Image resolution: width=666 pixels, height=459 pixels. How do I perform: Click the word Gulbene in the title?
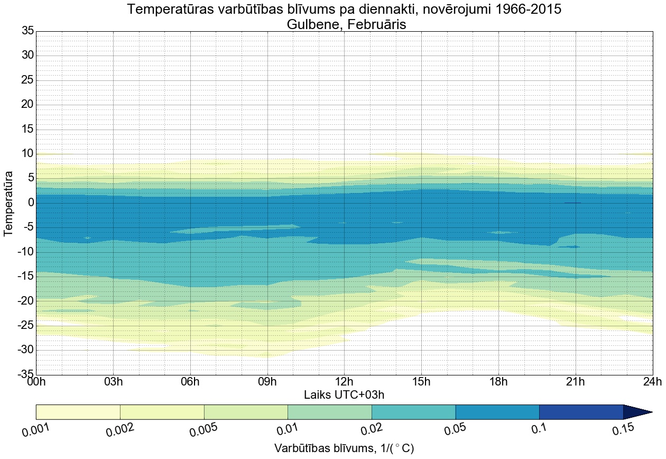[x=311, y=24]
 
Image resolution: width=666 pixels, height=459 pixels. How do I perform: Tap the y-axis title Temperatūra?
[x=8, y=203]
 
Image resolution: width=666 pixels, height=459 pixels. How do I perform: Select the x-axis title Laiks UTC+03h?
[x=344, y=394]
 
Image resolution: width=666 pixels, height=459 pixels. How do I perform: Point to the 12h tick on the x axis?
[x=344, y=382]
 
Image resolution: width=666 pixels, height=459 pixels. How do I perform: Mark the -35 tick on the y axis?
[x=24, y=375]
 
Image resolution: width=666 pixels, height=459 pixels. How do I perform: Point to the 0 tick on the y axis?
[x=31, y=203]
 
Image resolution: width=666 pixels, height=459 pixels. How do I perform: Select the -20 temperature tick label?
[x=24, y=301]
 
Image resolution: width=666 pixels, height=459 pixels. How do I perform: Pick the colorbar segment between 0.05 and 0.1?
[x=497, y=412]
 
